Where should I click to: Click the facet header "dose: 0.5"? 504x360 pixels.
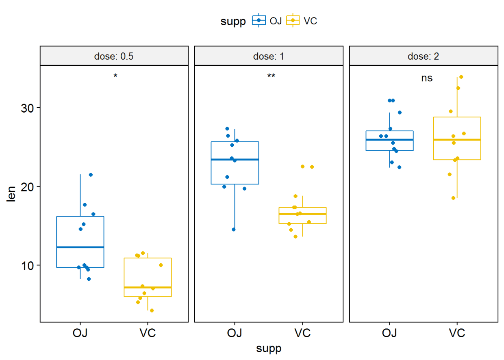pos(114,56)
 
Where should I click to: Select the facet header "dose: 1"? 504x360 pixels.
pos(269,56)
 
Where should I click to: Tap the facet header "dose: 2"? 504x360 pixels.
pos(423,56)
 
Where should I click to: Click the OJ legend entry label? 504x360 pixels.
pos(276,21)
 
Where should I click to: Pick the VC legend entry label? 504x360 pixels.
pos(310,21)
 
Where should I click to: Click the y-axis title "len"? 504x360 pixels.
pos(12,193)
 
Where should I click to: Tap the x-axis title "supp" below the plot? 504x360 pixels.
pos(269,349)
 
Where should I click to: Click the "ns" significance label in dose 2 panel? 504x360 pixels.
pos(427,78)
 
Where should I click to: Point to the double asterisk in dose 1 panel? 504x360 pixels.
pos(271,76)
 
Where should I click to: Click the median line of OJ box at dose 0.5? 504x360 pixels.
pos(80,247)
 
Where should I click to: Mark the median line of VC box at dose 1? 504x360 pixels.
pos(302,214)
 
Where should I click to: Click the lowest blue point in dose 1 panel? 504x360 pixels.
pos(234,230)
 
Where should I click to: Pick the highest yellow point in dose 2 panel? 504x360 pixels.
pos(461,77)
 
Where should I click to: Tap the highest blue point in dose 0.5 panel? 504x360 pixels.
pos(91,175)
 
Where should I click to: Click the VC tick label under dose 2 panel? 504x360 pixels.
pos(457,334)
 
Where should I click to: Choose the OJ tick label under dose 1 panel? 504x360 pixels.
pos(235,334)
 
